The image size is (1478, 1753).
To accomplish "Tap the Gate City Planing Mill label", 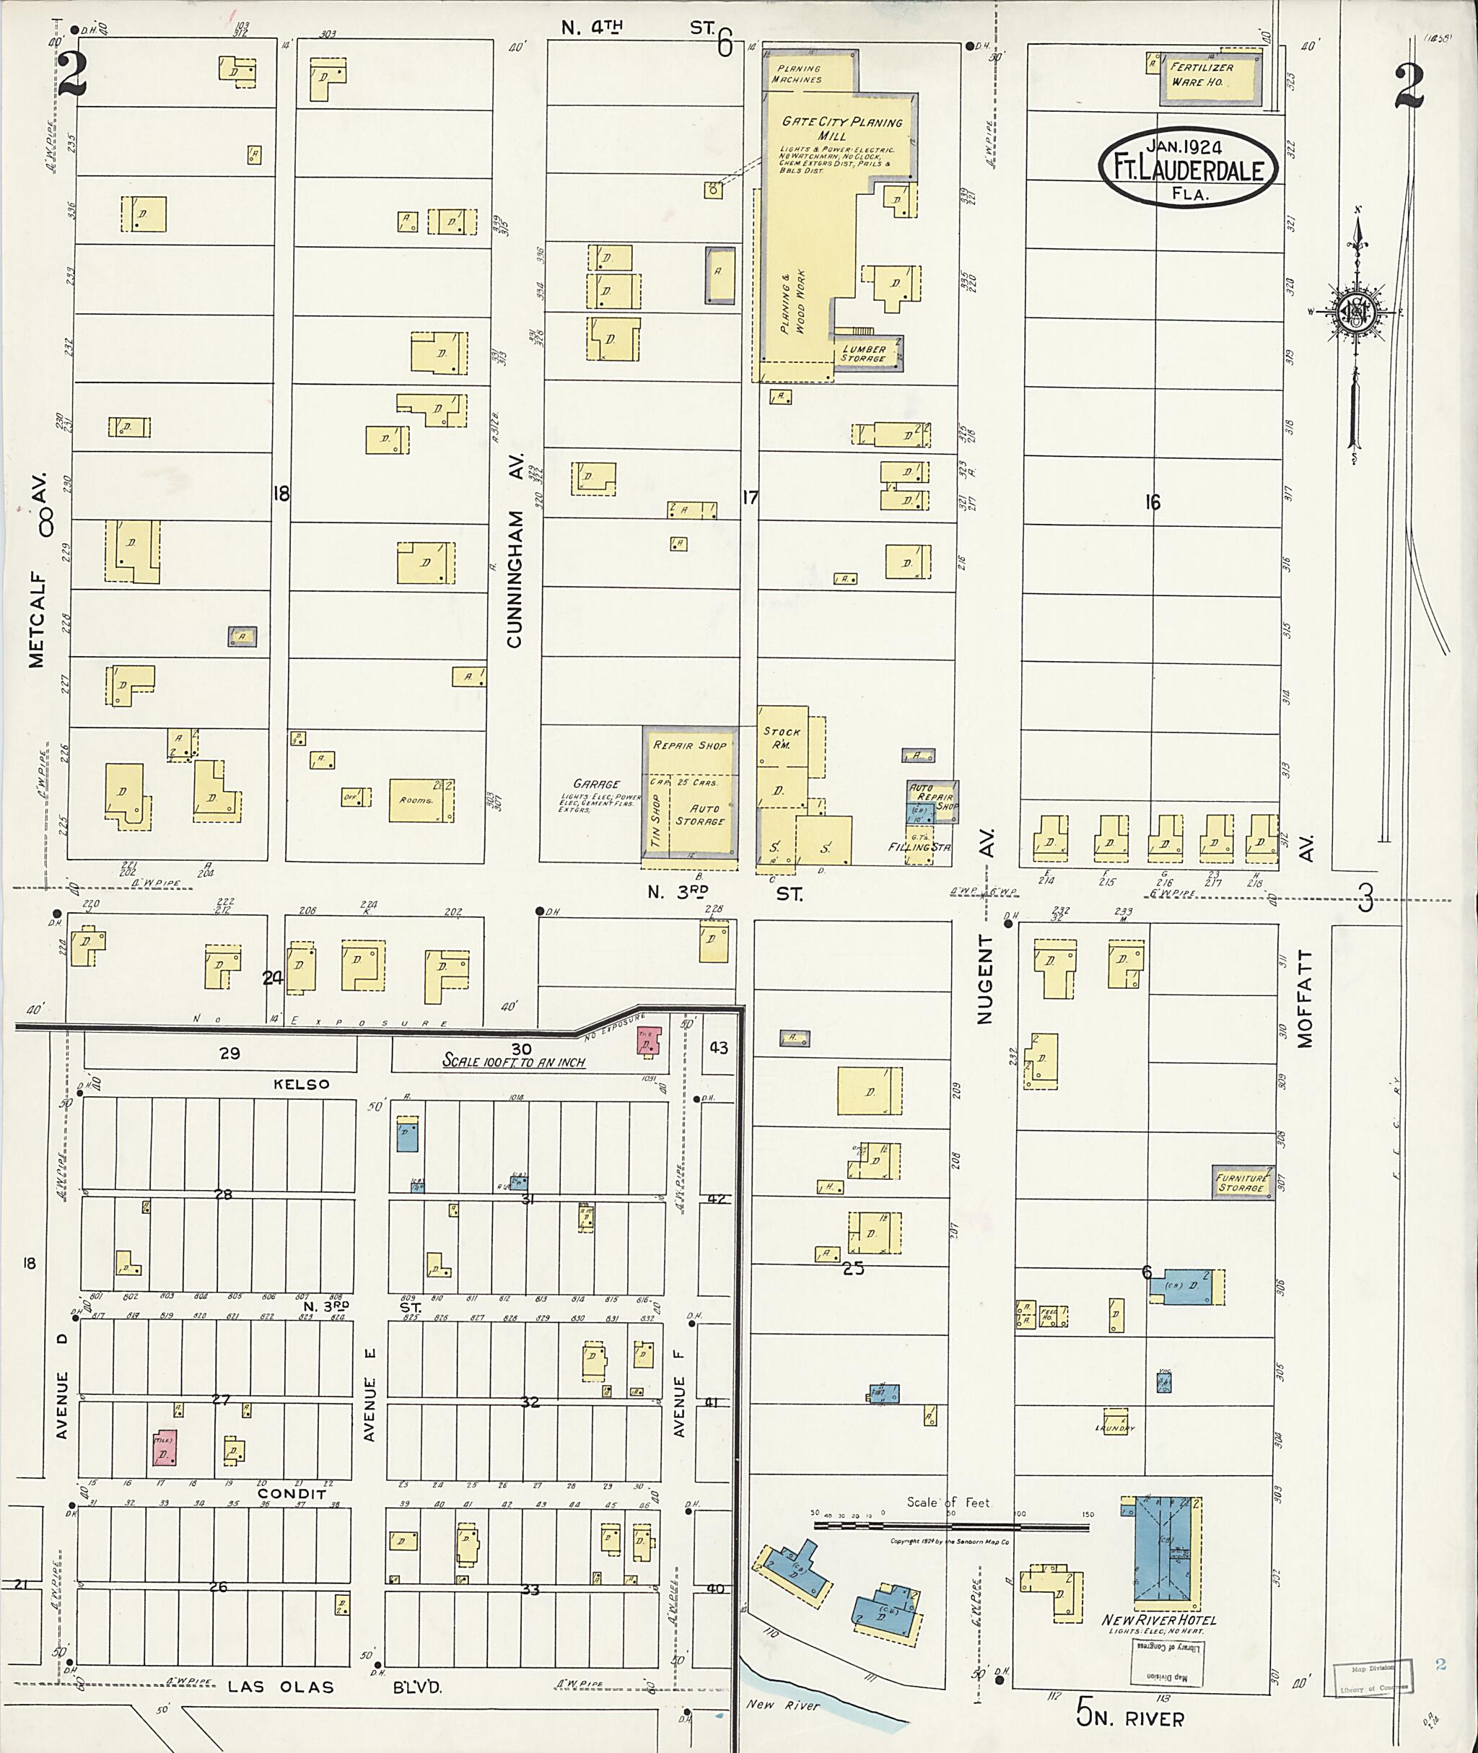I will (x=841, y=127).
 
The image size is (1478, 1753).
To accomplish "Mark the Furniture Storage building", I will (x=1241, y=1183).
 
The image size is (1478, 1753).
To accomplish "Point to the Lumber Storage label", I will (x=864, y=354).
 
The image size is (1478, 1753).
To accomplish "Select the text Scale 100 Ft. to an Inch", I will (x=514, y=1062).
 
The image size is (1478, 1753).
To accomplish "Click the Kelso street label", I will (x=302, y=1084).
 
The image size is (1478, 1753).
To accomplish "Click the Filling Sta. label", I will (x=919, y=847).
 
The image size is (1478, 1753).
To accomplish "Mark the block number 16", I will (x=1153, y=502).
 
